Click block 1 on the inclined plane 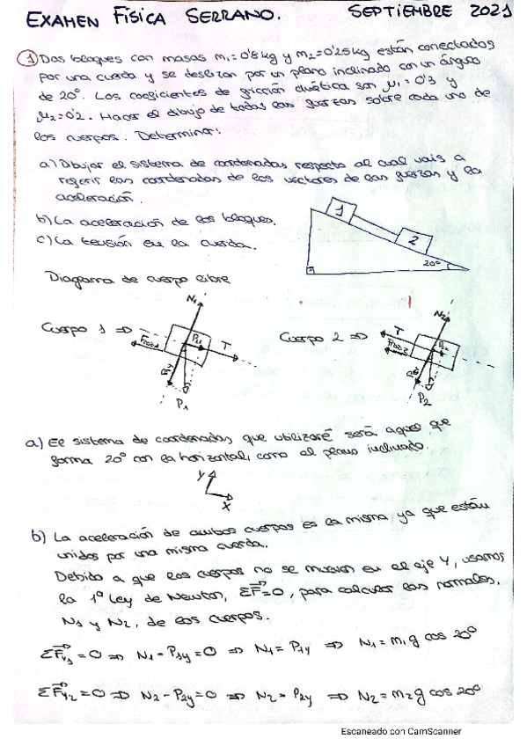coord(343,208)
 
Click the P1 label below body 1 coord(183,406)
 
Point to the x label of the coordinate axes coord(226,507)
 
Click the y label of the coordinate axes coord(202,476)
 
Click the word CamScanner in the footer coord(437,730)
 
